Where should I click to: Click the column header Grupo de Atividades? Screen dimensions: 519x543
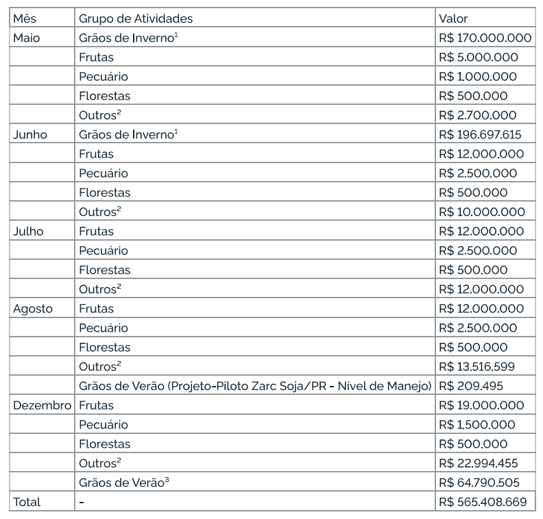click(x=135, y=19)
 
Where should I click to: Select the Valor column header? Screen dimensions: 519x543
click(x=453, y=19)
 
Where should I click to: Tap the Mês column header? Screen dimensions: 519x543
click(x=25, y=19)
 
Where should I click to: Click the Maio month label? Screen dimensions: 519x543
click(x=27, y=38)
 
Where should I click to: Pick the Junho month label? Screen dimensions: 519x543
click(x=30, y=134)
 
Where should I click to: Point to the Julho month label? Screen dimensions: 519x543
click(x=28, y=231)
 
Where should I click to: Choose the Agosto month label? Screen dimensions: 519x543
click(x=33, y=309)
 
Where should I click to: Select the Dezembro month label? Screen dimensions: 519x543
click(x=43, y=405)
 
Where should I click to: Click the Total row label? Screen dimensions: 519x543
click(x=27, y=502)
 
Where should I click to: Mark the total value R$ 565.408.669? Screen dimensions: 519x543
click(x=483, y=502)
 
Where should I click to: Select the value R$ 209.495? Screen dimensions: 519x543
click(x=468, y=386)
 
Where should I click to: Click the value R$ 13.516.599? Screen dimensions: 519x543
click(x=477, y=367)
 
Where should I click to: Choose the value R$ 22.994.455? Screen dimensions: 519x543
click(x=480, y=463)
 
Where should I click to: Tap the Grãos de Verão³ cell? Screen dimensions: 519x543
click(x=124, y=483)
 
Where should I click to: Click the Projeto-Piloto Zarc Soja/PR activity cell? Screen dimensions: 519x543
click(x=255, y=386)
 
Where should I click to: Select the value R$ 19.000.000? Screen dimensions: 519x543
click(x=481, y=405)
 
